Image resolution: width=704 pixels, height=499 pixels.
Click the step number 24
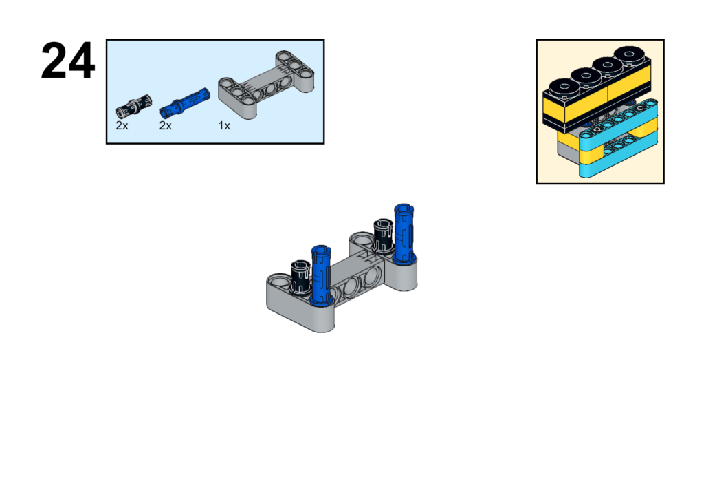[68, 61]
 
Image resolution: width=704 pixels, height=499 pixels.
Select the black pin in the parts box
[134, 107]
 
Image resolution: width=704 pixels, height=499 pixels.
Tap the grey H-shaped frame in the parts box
[266, 85]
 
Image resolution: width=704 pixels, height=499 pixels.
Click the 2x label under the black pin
[122, 126]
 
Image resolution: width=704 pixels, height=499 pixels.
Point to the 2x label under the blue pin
[165, 126]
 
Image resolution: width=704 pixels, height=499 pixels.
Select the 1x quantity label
[224, 126]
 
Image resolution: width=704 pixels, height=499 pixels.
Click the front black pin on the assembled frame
[300, 277]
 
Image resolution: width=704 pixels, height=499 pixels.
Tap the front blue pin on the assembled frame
[321, 275]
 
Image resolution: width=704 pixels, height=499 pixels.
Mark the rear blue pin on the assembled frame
[404, 233]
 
